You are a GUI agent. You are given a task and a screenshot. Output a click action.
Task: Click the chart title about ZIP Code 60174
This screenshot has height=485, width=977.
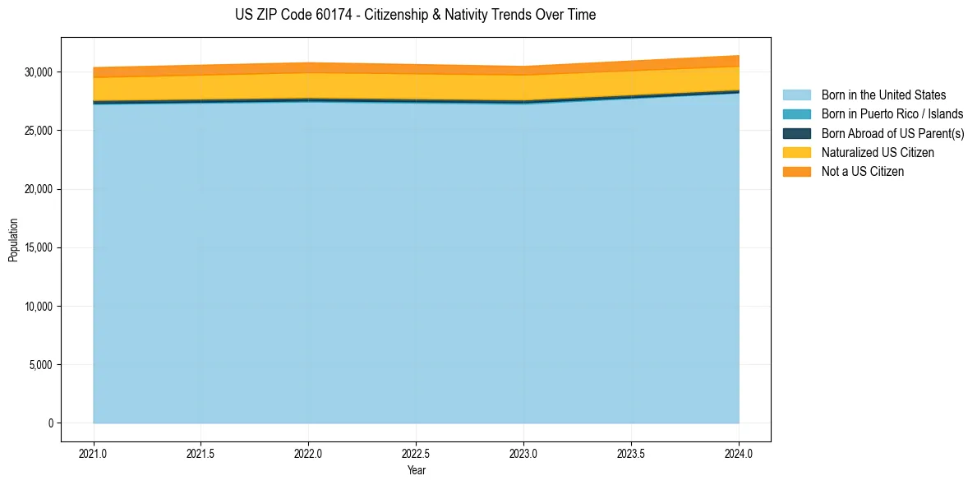tap(415, 15)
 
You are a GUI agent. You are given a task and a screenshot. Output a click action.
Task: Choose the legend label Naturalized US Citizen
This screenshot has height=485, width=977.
tap(878, 153)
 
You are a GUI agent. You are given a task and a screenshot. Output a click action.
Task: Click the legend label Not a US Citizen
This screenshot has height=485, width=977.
tap(863, 172)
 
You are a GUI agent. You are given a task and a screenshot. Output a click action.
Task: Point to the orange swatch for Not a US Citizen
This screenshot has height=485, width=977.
tap(796, 172)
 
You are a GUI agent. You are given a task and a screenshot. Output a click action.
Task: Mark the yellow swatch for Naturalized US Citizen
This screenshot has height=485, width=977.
tap(796, 153)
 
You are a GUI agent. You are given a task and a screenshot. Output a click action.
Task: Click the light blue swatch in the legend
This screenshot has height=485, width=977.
tap(796, 95)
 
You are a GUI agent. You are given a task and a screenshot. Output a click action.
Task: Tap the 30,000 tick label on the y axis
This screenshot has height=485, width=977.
tap(38, 72)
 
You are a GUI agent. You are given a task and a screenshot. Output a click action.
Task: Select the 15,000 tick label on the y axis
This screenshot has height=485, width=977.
tap(38, 248)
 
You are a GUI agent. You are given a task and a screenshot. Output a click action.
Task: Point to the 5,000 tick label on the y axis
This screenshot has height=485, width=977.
tap(40, 365)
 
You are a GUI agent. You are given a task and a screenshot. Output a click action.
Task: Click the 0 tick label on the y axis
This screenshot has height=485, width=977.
tap(50, 423)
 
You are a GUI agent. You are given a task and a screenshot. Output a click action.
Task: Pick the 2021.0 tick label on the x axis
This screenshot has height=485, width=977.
tap(94, 453)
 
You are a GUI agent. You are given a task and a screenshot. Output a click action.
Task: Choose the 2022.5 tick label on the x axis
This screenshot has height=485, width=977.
tap(416, 453)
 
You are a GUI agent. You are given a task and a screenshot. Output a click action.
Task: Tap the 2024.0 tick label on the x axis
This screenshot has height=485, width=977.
tap(739, 453)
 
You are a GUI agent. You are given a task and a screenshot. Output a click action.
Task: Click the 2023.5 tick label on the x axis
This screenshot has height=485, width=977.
tap(631, 453)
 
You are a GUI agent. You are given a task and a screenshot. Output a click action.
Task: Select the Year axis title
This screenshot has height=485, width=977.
tap(416, 470)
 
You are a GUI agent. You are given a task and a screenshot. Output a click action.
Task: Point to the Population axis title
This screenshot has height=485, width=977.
tap(13, 240)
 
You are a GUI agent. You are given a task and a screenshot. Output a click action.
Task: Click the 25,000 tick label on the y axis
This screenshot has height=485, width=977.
tap(38, 131)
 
